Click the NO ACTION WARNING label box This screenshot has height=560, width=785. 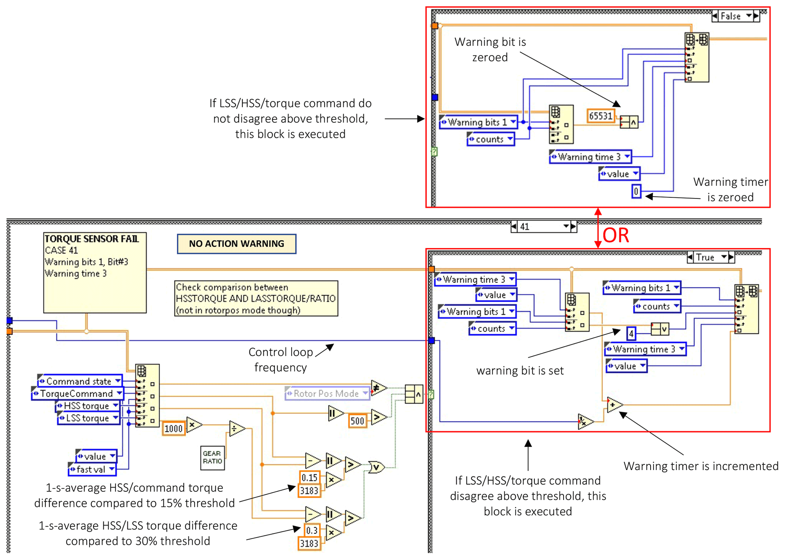coord(236,244)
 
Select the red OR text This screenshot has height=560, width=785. coord(616,235)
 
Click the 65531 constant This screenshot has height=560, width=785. coord(600,116)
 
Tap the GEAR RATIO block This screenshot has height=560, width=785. coord(212,457)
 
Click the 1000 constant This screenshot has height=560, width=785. coord(174,428)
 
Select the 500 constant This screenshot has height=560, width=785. coord(357,421)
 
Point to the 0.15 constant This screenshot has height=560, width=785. coord(310,477)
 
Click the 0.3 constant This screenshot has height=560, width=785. coord(311,530)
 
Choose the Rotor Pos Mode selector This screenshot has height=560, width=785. coord(327,393)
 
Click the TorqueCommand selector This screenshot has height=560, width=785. coord(77,393)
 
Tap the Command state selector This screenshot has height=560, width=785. coord(80,381)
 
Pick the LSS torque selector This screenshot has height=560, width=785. coord(88,418)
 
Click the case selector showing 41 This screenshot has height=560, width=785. coord(543,227)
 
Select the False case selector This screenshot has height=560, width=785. coord(735,16)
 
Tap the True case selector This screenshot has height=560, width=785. coord(710,257)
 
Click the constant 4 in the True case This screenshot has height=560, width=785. coord(631,333)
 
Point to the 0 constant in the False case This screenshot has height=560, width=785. coord(636,191)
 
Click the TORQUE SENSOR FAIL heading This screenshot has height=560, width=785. coord(92,239)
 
